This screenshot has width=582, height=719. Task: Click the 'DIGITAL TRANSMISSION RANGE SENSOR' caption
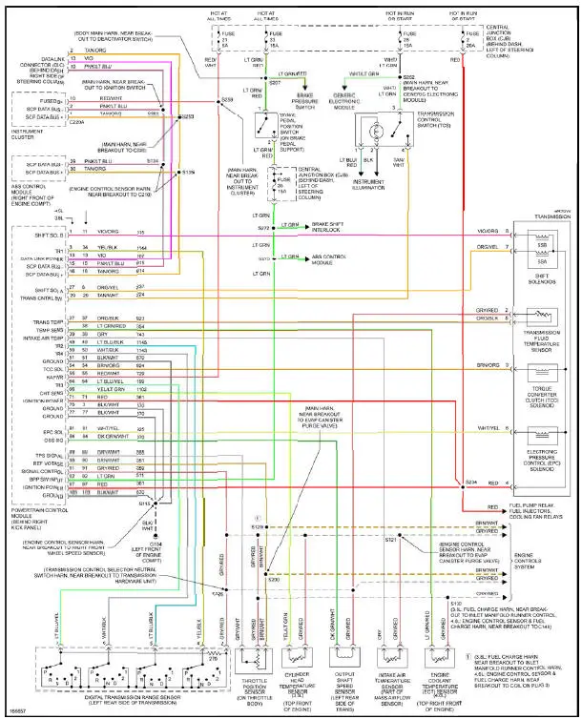113,698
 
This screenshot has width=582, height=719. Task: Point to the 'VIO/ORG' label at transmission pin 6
488,231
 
